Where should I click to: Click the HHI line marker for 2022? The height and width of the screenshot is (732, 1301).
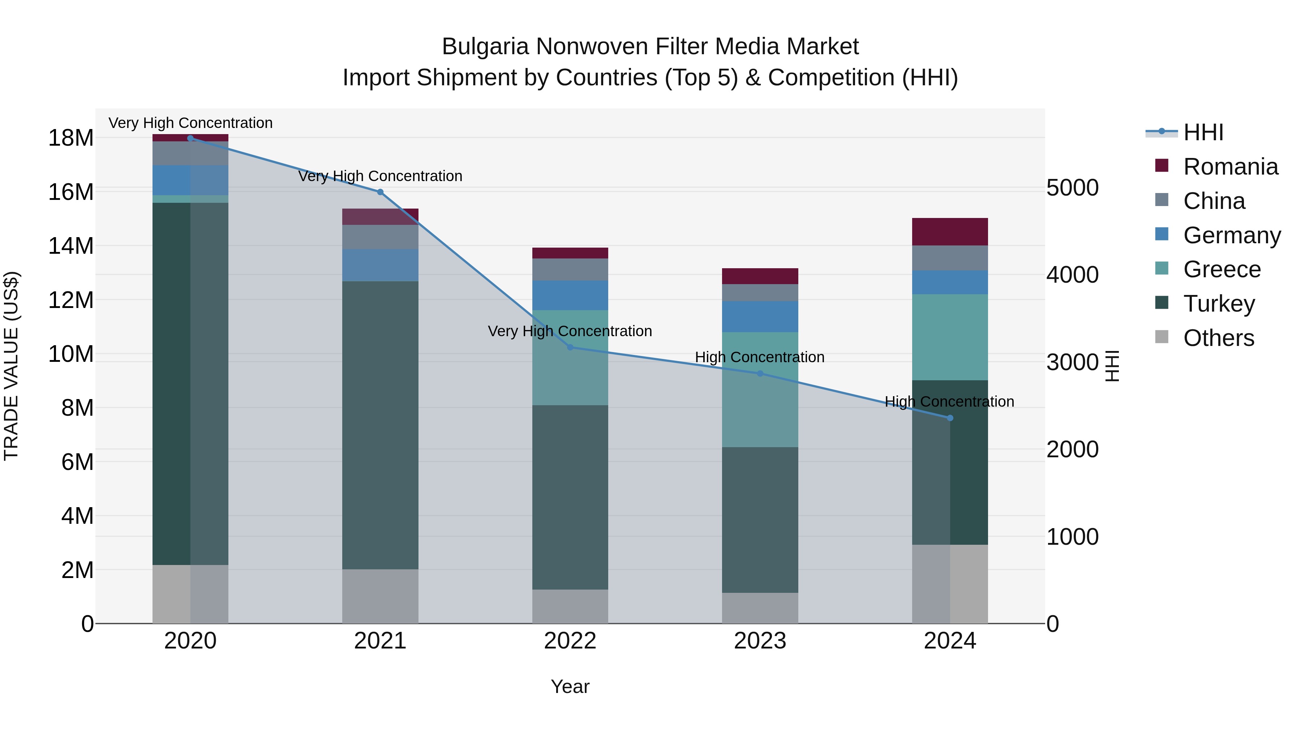(x=570, y=347)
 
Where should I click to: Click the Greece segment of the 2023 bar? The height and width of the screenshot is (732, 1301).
(x=760, y=389)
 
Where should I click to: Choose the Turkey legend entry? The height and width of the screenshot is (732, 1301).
(x=1219, y=304)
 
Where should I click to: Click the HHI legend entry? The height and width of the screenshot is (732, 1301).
(x=1203, y=132)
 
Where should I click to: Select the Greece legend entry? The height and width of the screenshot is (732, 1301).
(x=1222, y=269)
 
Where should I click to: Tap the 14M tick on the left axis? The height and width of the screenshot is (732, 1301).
(x=71, y=246)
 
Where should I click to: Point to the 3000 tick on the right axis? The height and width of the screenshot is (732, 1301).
(x=1072, y=362)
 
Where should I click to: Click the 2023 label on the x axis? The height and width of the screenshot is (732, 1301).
(x=760, y=641)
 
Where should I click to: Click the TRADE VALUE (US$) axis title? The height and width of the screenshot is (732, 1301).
(x=11, y=366)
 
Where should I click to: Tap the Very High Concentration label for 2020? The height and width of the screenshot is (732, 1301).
(x=190, y=123)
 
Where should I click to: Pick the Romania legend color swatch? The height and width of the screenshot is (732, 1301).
(x=1162, y=166)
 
